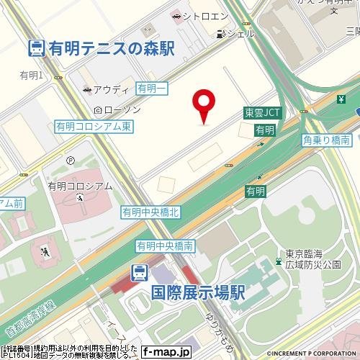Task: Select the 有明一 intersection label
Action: [152, 88]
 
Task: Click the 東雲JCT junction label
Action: [262, 112]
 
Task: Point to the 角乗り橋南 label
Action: [326, 140]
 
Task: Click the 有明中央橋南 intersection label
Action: [165, 246]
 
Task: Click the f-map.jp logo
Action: [166, 352]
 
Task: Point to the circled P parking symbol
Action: [71, 161]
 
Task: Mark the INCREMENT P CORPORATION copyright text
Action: [312, 354]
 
